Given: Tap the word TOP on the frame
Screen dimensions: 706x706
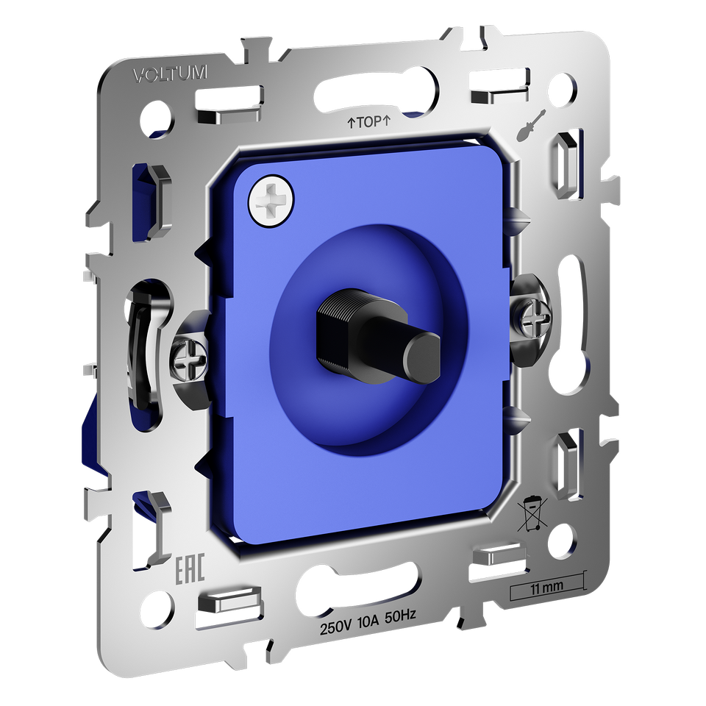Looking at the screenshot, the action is [x=370, y=121].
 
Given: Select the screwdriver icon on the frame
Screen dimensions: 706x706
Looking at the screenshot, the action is [x=532, y=124].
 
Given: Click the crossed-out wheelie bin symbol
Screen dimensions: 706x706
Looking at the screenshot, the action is [x=532, y=514].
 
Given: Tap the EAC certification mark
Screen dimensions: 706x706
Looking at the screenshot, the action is [x=190, y=568].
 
